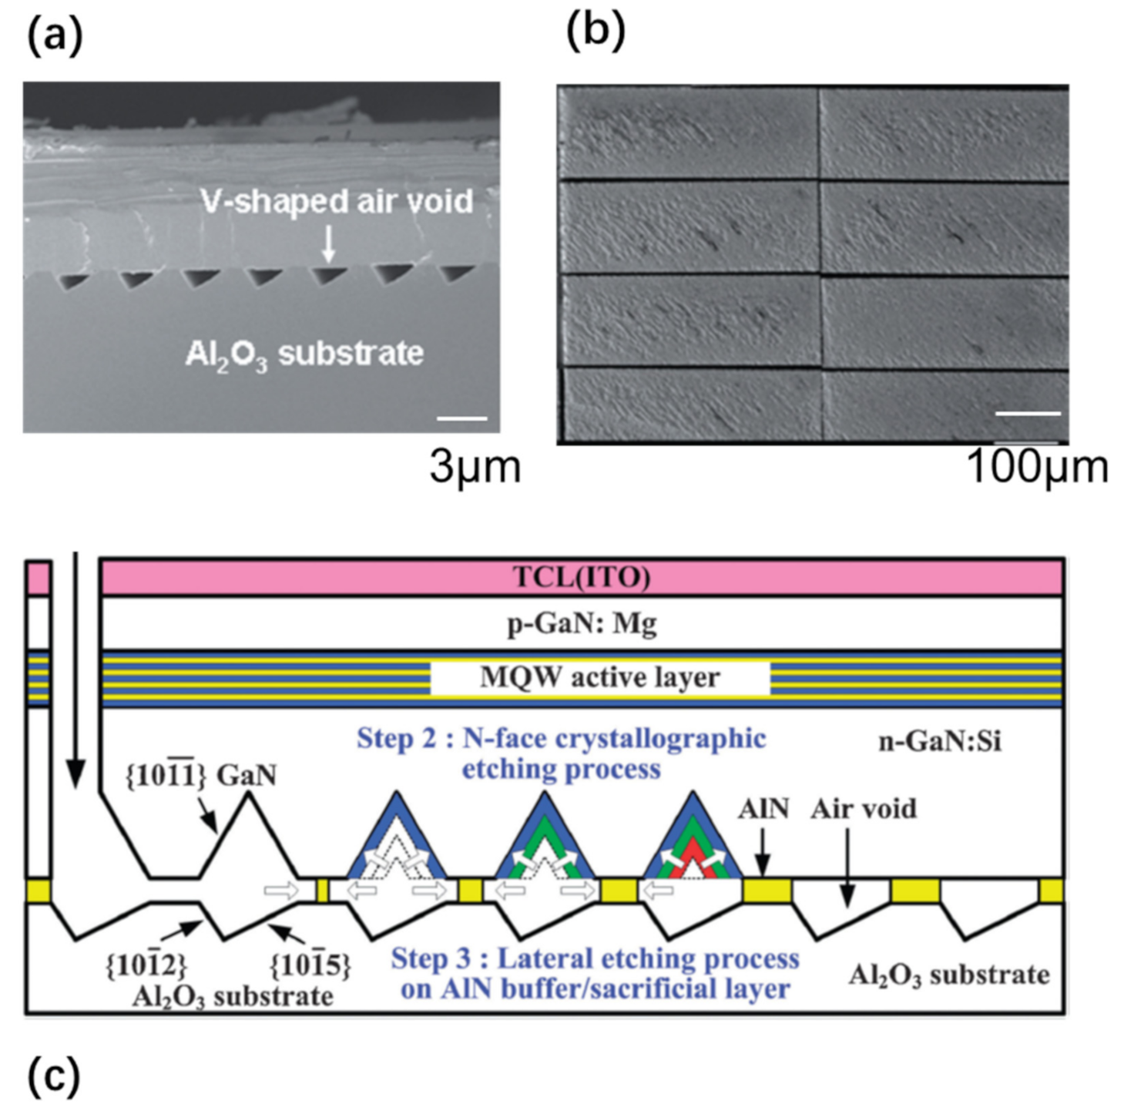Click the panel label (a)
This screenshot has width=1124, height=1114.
point(54,36)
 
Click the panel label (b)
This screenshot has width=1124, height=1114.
point(596,32)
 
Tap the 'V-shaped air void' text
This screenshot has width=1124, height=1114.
point(337,201)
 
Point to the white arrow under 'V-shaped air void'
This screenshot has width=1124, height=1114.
point(329,244)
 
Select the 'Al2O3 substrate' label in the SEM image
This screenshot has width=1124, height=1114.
point(304,354)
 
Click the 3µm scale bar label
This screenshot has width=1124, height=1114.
point(475,467)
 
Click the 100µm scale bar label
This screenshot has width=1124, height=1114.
point(1036,467)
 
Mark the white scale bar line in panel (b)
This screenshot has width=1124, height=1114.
point(1028,414)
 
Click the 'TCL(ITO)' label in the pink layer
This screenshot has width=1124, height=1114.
point(582,577)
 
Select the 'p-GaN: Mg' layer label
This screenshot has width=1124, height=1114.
point(582,623)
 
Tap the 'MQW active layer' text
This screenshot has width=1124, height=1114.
point(599,678)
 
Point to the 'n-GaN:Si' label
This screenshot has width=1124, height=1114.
point(940,741)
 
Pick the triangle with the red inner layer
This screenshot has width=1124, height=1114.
point(692,844)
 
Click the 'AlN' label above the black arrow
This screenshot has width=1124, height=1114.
point(763,809)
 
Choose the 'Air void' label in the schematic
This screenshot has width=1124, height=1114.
point(863,809)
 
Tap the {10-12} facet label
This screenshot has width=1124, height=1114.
point(146,964)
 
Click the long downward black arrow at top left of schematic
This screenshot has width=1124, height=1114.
point(75,670)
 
